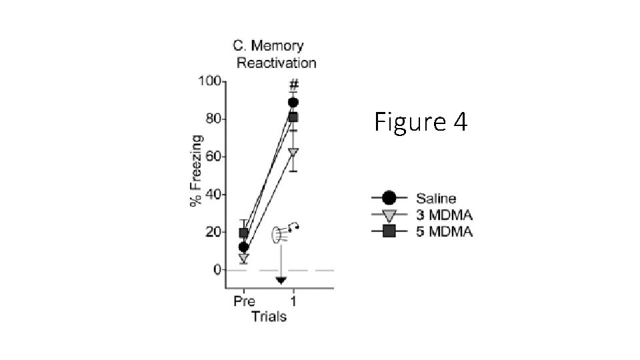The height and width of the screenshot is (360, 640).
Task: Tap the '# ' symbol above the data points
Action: coord(293,85)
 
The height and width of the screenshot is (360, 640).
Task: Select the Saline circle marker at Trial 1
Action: coord(293,103)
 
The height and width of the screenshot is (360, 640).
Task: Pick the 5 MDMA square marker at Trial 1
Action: coord(293,117)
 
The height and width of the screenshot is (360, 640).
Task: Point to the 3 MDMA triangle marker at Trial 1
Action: coord(293,152)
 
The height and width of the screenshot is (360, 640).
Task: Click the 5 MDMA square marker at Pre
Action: coord(244,233)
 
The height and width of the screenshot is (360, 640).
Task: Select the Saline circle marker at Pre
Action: coord(244,247)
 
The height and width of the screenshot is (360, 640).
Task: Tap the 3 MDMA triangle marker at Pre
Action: coord(244,257)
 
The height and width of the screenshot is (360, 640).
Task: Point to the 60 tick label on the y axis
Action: coord(213,157)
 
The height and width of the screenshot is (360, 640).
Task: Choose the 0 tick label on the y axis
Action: coord(217,270)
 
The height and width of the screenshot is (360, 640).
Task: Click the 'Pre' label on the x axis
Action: coord(244,301)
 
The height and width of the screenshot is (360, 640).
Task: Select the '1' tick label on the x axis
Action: coord(293,301)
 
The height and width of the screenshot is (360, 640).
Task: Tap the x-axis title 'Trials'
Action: coord(269,316)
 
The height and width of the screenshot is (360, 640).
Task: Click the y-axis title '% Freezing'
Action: coord(196,171)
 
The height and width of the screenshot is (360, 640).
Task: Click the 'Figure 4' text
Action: coord(421,122)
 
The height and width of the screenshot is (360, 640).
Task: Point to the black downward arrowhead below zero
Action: coord(281,280)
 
